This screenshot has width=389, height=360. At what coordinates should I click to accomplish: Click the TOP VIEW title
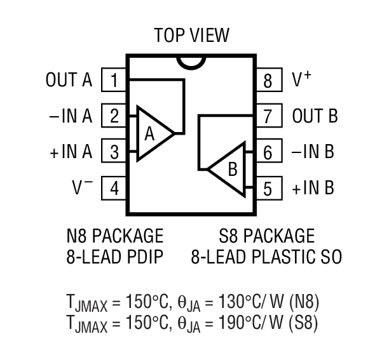click(191, 35)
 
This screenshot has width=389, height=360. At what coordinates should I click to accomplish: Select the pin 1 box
click(114, 81)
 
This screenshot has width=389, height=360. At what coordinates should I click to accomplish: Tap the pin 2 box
click(114, 116)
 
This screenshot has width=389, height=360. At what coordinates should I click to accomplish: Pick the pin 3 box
click(114, 152)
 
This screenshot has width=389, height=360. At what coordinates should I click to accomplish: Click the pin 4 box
click(114, 189)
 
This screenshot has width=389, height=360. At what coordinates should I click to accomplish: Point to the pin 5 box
click(268, 189)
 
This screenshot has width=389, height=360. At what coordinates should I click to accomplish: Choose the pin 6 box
click(268, 152)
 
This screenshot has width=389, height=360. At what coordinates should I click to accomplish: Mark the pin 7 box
click(268, 117)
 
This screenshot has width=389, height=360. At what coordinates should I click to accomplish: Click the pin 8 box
click(268, 81)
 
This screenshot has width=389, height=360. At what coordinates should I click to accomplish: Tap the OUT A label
click(69, 81)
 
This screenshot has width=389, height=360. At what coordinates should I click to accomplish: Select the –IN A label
click(70, 116)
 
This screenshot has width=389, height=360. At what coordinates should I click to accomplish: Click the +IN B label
click(313, 189)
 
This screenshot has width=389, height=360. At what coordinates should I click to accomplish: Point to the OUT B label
click(315, 117)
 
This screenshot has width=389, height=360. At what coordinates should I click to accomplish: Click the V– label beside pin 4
click(82, 188)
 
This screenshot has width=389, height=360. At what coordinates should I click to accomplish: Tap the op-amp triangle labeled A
click(153, 133)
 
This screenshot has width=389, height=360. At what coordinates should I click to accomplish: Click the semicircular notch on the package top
click(191, 61)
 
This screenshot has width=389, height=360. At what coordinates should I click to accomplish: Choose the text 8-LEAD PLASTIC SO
click(266, 257)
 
